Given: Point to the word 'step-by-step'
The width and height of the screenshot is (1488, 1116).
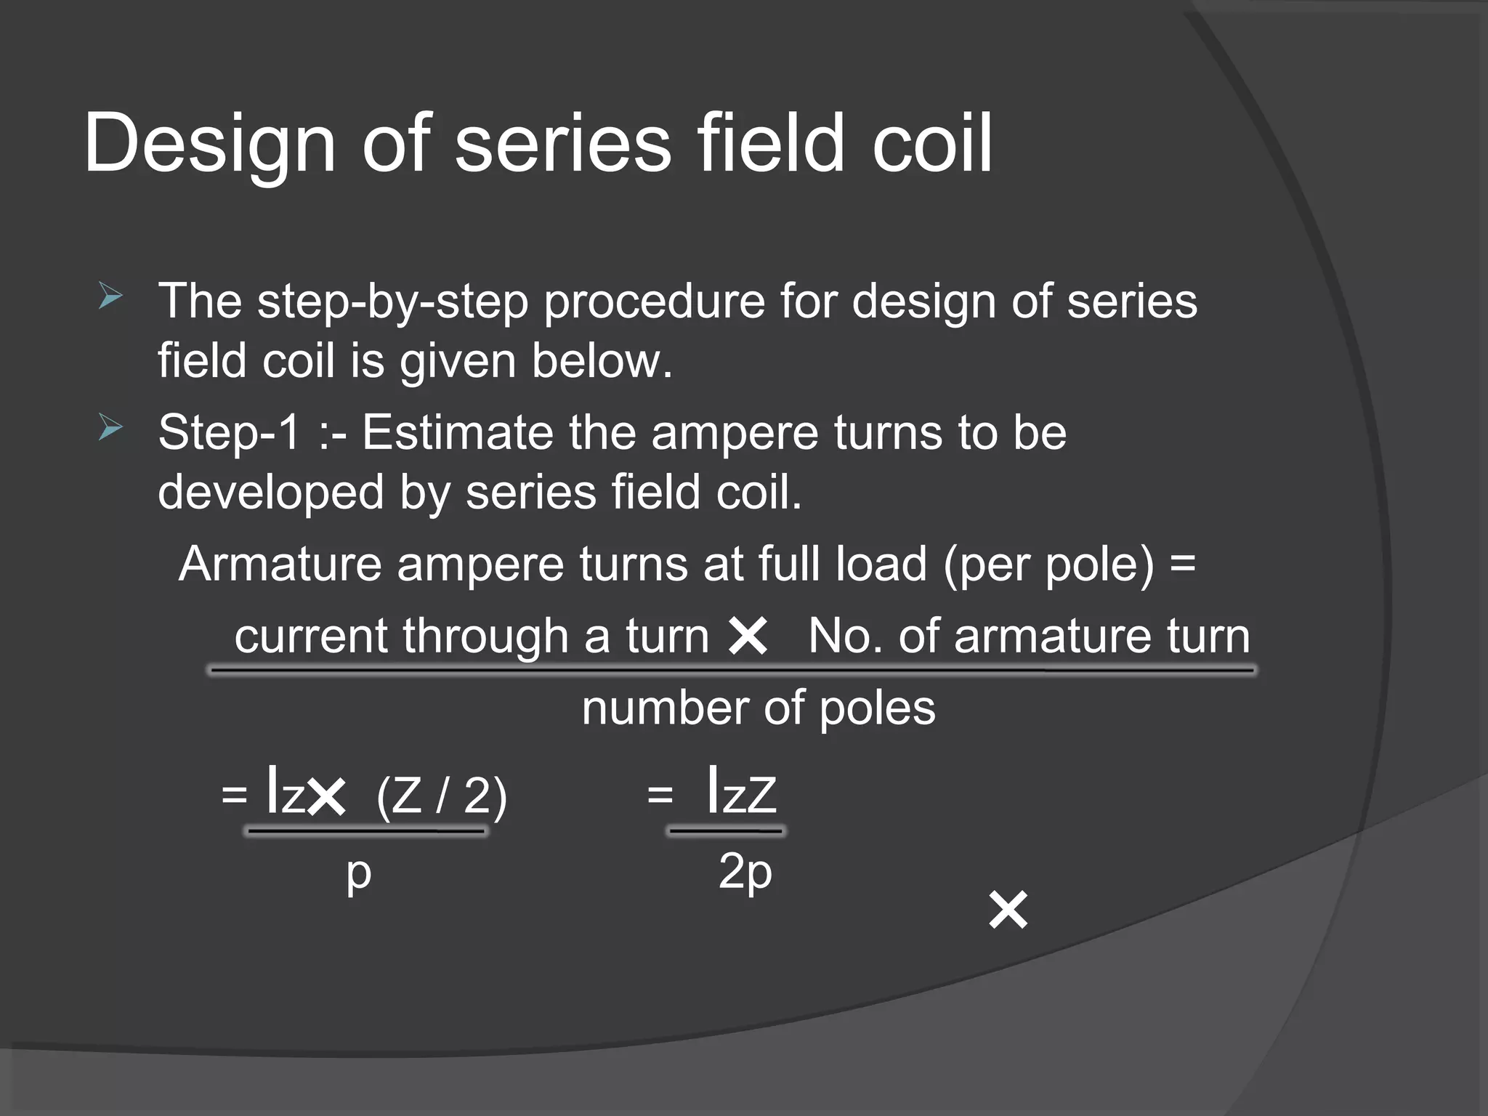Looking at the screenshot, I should tap(392, 302).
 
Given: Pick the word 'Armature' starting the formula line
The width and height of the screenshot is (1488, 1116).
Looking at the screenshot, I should tap(280, 564).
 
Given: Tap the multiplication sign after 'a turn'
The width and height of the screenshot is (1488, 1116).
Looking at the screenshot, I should tap(748, 636).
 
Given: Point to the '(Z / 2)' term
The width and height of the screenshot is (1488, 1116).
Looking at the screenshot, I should tap(441, 796).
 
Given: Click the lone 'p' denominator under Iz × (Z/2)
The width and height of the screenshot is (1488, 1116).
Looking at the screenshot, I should tap(358, 873).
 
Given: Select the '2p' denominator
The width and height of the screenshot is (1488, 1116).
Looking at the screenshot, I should tap(745, 872).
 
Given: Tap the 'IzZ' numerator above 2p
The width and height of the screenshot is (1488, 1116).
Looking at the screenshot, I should tap(741, 793).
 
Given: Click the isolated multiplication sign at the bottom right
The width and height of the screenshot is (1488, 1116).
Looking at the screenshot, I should tap(1008, 910).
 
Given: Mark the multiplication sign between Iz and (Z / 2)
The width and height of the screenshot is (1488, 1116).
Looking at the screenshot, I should tap(326, 797).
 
